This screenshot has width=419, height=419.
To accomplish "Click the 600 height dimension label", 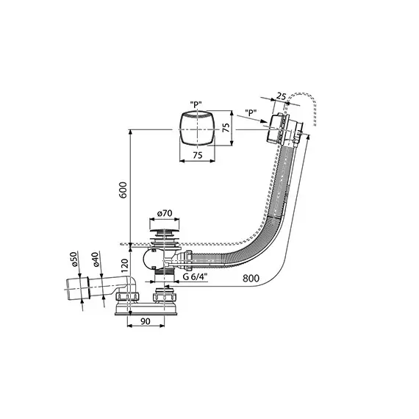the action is [123, 190].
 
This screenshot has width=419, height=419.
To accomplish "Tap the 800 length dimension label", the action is [251, 279].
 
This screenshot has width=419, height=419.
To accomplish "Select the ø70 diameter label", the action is [165, 213].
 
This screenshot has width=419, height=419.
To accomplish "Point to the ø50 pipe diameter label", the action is [74, 259].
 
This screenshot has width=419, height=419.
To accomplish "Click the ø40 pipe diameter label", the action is [96, 259].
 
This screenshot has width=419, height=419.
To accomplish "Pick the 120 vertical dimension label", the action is [125, 265].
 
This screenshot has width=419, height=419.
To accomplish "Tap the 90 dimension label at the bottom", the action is [145, 321].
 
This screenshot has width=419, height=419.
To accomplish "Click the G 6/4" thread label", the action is [196, 277].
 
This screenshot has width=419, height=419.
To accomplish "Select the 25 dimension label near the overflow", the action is [281, 96].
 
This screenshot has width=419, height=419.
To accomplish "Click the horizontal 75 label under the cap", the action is [197, 155].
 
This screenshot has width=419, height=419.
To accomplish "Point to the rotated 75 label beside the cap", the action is [226, 127].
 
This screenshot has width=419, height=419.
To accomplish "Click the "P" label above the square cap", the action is [196, 104].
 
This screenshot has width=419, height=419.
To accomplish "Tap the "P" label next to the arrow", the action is [251, 112].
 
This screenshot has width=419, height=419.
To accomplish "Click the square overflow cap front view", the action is [197, 129].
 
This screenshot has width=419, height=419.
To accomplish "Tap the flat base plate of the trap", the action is [146, 310].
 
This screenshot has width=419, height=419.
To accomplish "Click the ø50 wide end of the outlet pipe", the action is [77, 289].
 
